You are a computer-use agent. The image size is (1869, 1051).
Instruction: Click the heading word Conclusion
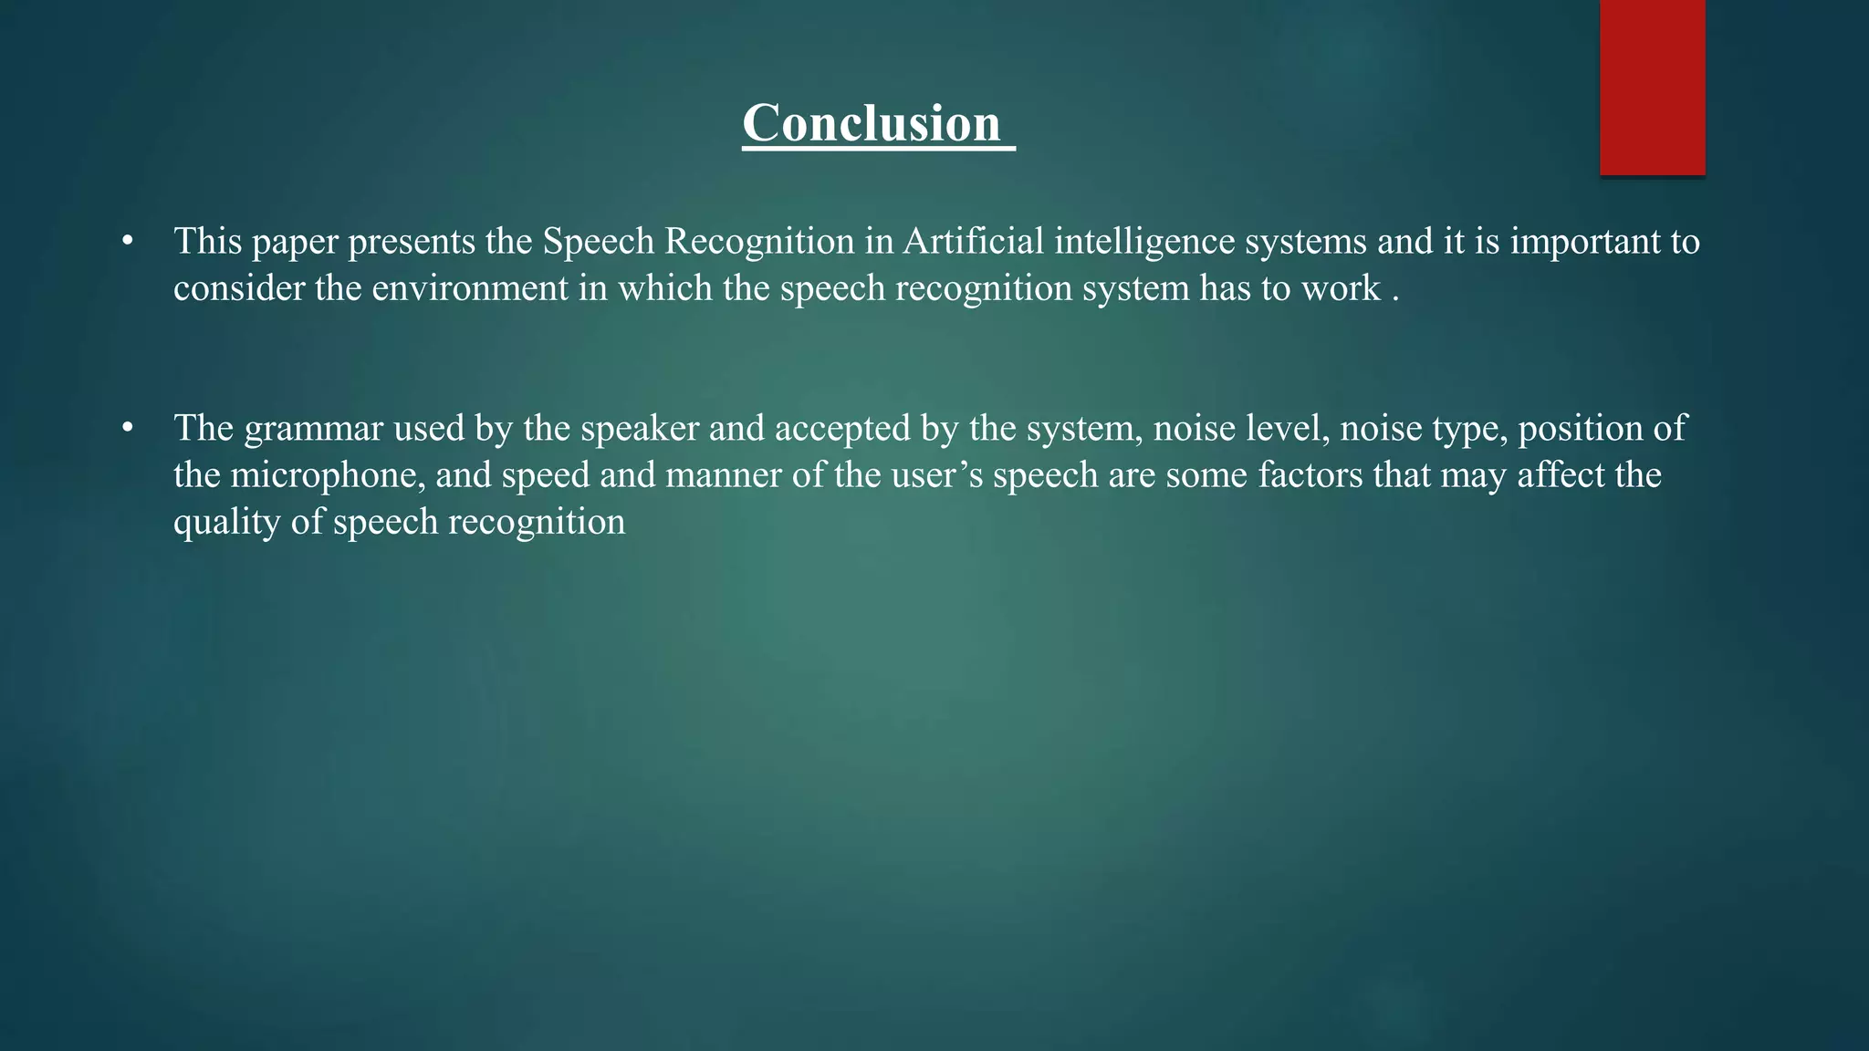872,123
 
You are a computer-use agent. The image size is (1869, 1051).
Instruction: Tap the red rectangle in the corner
1652,87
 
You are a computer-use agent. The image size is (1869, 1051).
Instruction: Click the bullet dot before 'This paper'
128,242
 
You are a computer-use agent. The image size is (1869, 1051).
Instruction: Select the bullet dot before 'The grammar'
128,428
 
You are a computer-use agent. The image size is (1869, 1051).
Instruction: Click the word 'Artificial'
974,241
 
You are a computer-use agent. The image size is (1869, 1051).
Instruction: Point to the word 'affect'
1560,475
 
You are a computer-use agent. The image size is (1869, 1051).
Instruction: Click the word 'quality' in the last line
227,523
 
